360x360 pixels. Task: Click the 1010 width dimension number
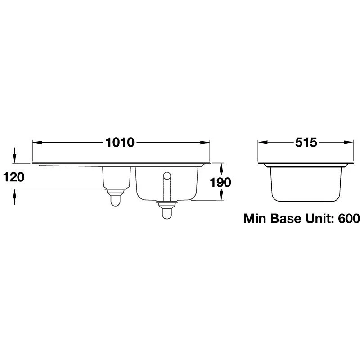point(120,143)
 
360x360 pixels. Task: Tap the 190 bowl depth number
point(220,182)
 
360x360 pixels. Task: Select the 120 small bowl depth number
point(13,177)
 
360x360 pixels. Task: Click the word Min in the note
point(256,219)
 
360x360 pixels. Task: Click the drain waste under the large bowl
point(167,210)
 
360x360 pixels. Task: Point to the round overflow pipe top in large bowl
point(167,175)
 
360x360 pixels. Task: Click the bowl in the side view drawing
point(305,182)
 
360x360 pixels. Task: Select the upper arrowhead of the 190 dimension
point(221,167)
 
